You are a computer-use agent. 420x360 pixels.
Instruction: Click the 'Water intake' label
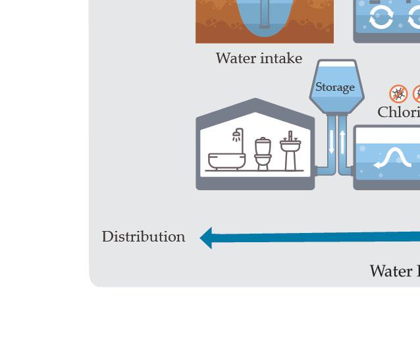259,59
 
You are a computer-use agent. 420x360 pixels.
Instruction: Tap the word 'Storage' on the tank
335,87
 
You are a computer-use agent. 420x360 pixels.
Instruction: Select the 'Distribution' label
144,237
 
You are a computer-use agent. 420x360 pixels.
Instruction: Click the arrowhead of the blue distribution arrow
206,238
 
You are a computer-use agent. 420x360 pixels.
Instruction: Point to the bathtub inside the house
226,160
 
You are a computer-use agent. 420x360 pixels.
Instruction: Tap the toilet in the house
263,154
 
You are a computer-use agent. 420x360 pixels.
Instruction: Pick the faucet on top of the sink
290,136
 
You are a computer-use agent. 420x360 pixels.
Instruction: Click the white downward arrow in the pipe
332,141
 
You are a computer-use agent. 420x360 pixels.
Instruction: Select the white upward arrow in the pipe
342,141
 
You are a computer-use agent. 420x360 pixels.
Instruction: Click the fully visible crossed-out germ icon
398,93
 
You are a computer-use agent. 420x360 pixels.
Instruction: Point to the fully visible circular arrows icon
381,19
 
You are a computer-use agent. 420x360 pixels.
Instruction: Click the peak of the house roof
255,101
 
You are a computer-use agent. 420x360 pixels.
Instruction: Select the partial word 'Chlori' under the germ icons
398,113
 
